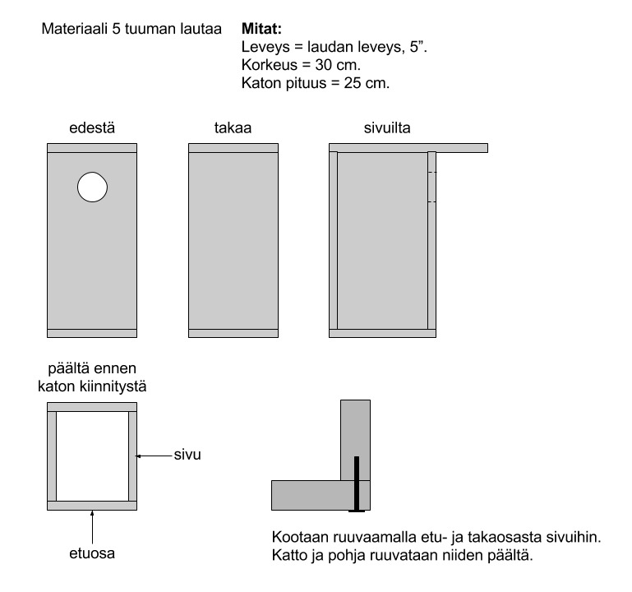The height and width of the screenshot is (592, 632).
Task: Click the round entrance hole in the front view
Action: click(x=92, y=187)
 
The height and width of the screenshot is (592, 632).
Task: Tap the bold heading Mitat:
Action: click(x=261, y=29)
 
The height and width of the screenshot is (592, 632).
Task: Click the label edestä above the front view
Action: click(x=92, y=127)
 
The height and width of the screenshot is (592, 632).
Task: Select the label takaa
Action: click(x=233, y=127)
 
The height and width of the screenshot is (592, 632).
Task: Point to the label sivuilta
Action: click(x=387, y=127)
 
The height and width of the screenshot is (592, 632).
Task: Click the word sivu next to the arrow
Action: click(x=187, y=455)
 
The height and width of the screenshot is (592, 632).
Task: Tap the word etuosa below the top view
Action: click(x=92, y=553)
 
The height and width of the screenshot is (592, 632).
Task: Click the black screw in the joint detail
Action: click(x=357, y=484)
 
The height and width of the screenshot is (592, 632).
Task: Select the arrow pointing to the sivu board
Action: click(x=154, y=456)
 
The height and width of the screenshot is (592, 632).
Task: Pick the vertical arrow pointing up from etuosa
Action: click(x=92, y=527)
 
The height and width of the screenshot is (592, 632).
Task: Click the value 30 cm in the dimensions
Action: click(x=337, y=65)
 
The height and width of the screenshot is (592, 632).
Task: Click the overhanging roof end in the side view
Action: click(x=462, y=148)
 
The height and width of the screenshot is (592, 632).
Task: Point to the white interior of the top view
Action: click(x=92, y=456)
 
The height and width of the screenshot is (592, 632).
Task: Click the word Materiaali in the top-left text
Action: click(x=74, y=29)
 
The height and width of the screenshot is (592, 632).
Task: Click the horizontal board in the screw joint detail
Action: click(x=321, y=495)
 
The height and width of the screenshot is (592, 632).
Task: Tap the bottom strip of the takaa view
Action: click(x=233, y=334)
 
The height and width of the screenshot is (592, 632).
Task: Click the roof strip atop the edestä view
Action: click(x=92, y=148)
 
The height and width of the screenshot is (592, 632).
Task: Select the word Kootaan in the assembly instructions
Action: click(x=300, y=538)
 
